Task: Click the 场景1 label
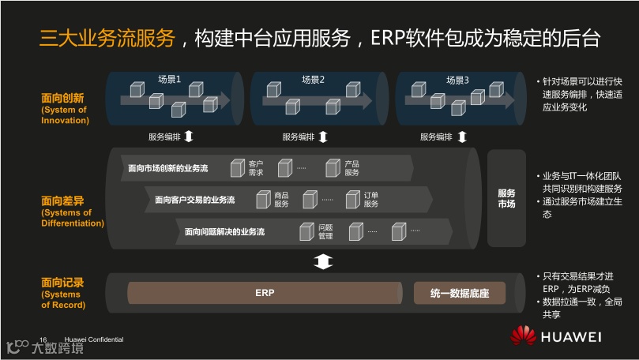(169, 81)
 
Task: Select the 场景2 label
(314, 81)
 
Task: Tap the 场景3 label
(457, 81)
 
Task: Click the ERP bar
(265, 293)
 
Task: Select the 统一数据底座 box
(460, 294)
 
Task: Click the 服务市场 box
(506, 198)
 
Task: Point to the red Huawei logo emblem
(522, 336)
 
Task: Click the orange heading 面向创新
(62, 99)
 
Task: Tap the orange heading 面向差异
(62, 201)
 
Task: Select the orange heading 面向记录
(62, 283)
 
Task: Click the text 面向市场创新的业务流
(168, 168)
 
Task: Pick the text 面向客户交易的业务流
(195, 200)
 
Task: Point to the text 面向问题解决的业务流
(224, 232)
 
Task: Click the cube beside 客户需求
(237, 168)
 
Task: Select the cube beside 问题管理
(306, 232)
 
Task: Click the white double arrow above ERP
(322, 261)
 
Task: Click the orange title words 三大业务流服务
(107, 38)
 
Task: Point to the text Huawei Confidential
(94, 339)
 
